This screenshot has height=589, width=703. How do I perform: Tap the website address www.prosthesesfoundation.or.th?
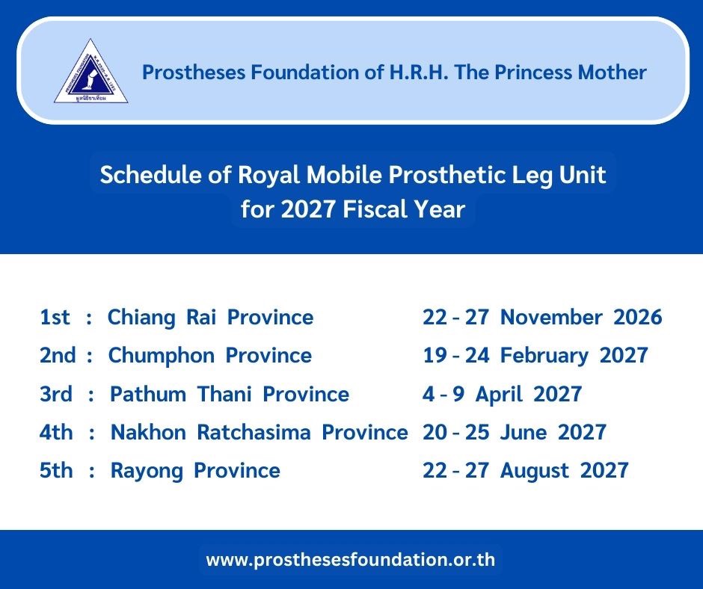[x=351, y=559]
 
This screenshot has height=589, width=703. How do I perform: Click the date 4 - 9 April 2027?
[x=502, y=395]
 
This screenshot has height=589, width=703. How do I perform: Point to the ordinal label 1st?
[x=55, y=317]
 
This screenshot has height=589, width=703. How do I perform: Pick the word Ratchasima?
[x=254, y=432]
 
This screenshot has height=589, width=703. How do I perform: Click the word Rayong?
[x=147, y=471]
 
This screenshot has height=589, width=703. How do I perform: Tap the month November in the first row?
[x=551, y=317]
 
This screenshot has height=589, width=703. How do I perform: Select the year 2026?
[x=637, y=317]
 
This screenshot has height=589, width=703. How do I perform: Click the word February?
[x=544, y=356]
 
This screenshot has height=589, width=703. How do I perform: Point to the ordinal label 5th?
[x=56, y=470]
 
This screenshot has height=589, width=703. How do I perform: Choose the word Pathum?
[x=148, y=395]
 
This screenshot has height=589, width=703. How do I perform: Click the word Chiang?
[x=141, y=318]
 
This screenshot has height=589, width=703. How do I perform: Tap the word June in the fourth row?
[x=524, y=432]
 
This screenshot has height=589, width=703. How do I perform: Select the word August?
[x=535, y=471]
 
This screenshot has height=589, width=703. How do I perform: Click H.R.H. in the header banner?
[x=419, y=73]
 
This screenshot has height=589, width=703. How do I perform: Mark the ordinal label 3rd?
[x=56, y=394]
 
